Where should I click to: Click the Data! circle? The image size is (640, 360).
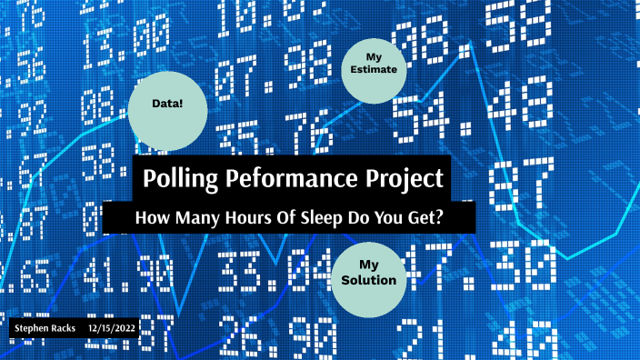click(x=168, y=105)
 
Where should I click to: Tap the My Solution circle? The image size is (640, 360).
click(x=368, y=272)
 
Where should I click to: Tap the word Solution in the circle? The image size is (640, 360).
click(x=368, y=280)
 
